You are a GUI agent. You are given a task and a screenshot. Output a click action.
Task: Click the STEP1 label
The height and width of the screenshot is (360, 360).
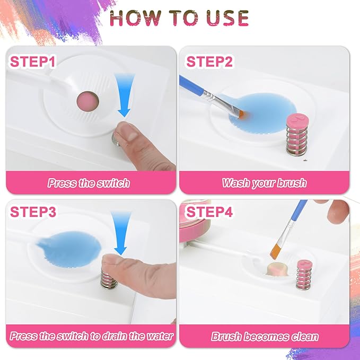(33, 62)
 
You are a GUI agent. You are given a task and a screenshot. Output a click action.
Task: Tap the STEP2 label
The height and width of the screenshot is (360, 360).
(209, 62)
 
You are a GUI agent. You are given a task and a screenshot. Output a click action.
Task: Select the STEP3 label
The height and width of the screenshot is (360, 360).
(33, 212)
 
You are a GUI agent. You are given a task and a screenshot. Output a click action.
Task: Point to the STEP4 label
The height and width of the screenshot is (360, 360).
(209, 212)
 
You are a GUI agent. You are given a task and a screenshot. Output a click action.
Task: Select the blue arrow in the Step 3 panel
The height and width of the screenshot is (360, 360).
(121, 233)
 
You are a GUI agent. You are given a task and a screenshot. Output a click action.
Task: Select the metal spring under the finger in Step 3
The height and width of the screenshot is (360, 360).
(108, 278)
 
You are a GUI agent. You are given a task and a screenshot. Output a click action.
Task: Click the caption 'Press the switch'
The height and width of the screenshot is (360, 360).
(89, 183)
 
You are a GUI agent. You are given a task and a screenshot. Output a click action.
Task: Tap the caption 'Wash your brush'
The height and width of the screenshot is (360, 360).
(264, 183)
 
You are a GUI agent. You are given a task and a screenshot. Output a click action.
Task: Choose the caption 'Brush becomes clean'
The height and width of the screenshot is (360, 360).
(265, 337)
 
